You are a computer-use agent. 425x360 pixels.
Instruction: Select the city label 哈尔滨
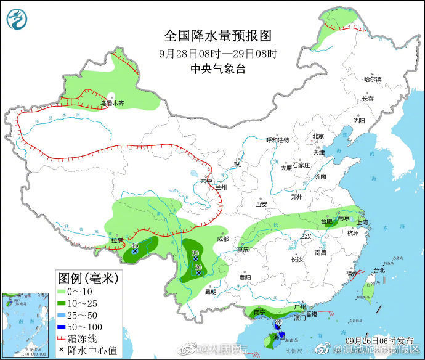click(372, 80)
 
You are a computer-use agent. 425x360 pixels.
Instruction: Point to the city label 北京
click(318, 136)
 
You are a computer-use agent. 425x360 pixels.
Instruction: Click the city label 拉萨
click(117, 240)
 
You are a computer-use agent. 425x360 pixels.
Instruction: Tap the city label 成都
click(222, 239)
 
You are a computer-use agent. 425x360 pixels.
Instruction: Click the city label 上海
click(362, 223)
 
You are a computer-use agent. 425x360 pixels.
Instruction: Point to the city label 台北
click(379, 270)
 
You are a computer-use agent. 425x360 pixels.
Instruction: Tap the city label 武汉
click(306, 236)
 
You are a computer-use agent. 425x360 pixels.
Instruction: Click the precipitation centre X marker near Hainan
click(278, 327)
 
